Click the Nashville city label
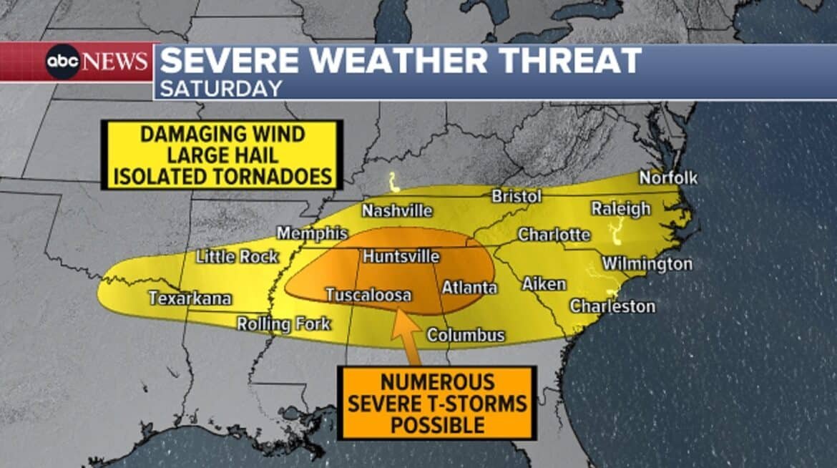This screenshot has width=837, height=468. tap(396, 211)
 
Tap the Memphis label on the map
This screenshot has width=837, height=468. tap(312, 234)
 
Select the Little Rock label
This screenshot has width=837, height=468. tap(237, 256)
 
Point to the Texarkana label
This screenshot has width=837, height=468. tap(190, 298)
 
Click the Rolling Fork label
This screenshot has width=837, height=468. tap(283, 324)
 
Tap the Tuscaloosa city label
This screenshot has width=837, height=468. tap(368, 295)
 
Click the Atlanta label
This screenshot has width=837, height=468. tap(469, 288)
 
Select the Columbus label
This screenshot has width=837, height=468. tap(466, 335)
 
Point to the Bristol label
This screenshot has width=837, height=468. tap(516, 196)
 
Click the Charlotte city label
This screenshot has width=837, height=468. tap(554, 235)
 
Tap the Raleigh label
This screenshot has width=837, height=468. tap(620, 208)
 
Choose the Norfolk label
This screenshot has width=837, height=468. tap(667, 177)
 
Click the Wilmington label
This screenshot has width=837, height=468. tap(647, 264)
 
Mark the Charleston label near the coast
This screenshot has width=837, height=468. tap(612, 306)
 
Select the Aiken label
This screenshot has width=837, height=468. tap(544, 284)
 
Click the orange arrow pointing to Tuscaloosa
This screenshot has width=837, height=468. tap(406, 335)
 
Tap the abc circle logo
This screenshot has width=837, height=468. tap(62, 62)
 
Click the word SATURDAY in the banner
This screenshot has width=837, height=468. tap(220, 89)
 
